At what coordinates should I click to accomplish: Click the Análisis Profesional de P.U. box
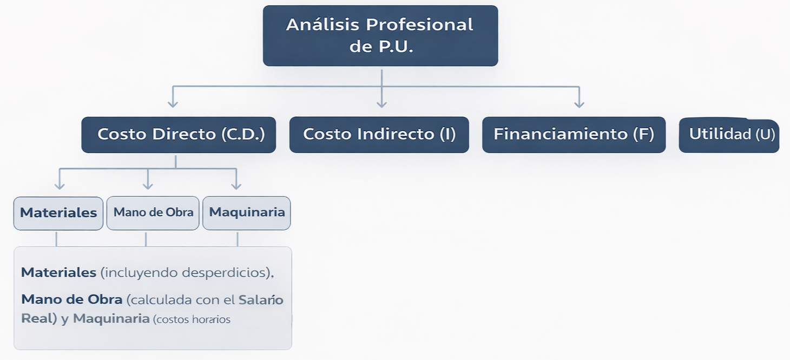tap(380, 36)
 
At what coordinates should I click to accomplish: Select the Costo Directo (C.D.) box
tap(179, 134)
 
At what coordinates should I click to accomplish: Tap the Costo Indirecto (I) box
tap(379, 134)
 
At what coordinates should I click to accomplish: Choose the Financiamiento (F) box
tap(574, 134)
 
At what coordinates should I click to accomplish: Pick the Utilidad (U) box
tap(729, 135)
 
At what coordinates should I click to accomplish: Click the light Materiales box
tap(58, 213)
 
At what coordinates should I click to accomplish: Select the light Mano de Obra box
tap(153, 213)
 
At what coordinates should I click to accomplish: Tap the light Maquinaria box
tap(247, 213)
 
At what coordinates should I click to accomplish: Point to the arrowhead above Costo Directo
tap(173, 102)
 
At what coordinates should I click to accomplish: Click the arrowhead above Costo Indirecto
tap(381, 102)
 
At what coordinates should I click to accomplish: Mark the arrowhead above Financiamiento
tap(579, 102)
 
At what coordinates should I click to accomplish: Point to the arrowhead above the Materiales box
tap(60, 185)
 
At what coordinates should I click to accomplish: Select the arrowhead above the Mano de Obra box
tap(148, 185)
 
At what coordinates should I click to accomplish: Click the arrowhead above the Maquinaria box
tap(236, 185)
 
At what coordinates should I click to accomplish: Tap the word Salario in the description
tap(261, 300)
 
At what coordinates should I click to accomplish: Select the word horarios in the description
tap(213, 319)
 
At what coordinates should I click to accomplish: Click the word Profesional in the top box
tap(419, 25)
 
